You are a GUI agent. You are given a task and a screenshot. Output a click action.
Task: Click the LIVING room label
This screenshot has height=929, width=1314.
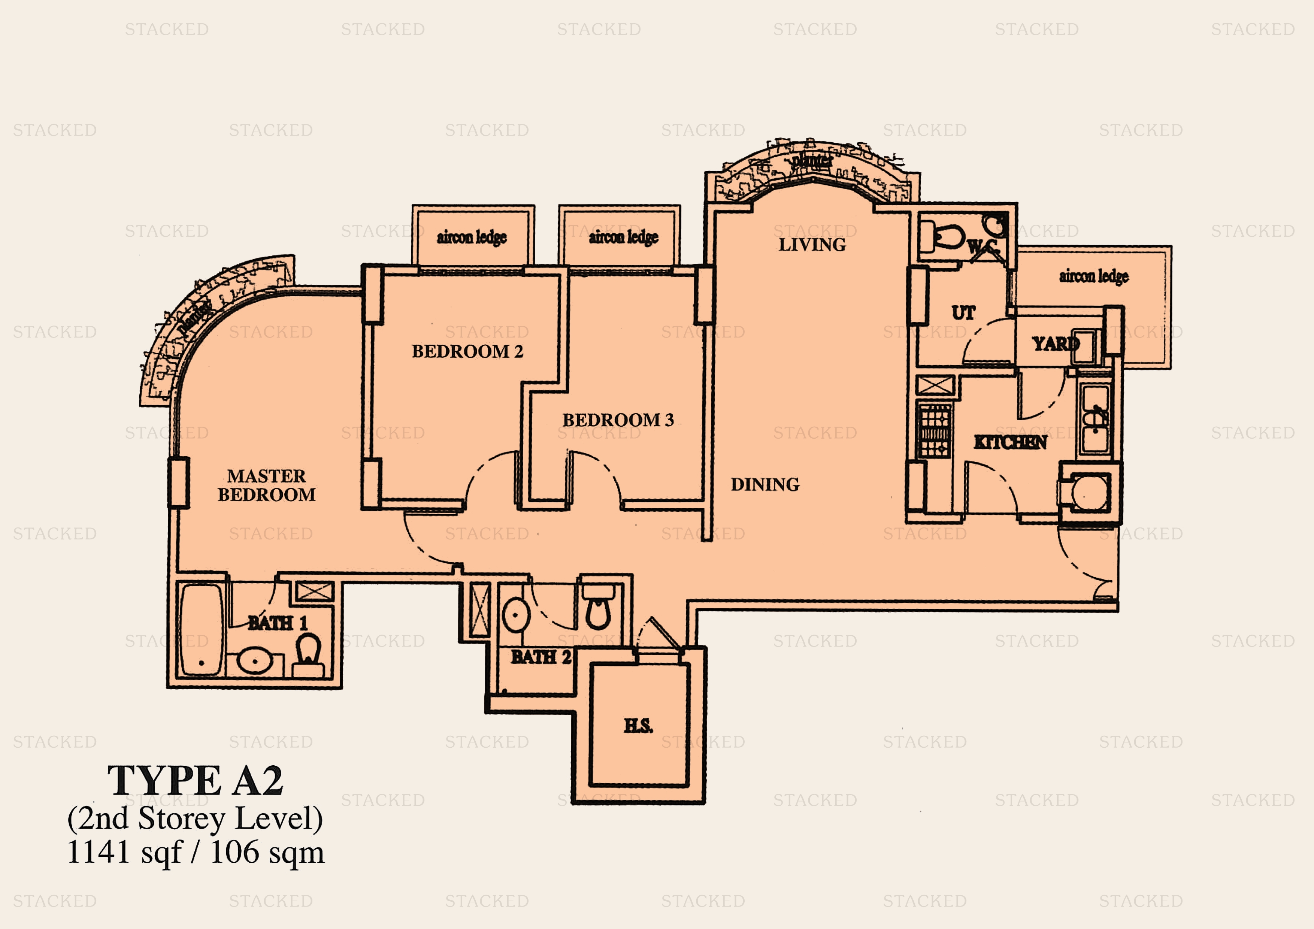tap(812, 245)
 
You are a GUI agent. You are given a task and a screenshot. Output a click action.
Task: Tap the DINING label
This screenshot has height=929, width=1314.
tap(765, 485)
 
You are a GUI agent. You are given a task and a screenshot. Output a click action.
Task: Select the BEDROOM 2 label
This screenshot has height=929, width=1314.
tap(467, 351)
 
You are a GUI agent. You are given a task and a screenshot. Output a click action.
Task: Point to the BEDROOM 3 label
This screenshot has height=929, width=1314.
tap(618, 420)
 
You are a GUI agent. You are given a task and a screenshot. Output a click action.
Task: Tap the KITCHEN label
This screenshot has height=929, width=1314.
tap(1010, 442)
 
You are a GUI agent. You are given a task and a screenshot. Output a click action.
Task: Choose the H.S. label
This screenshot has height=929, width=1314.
tap(638, 726)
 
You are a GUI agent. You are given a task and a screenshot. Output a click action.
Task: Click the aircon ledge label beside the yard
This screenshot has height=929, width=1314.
tap(1093, 276)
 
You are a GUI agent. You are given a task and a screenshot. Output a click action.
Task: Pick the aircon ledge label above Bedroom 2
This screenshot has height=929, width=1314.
tap(472, 237)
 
